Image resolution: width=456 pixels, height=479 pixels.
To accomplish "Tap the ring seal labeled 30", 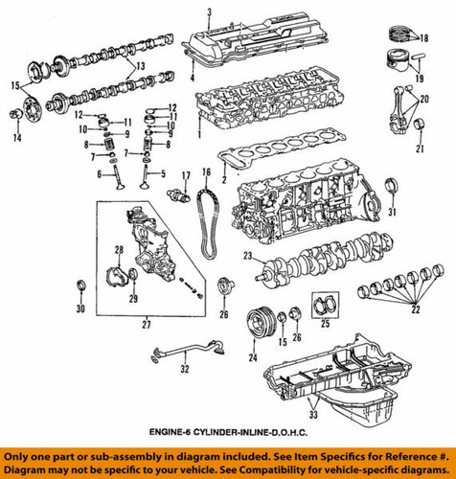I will click(81, 285).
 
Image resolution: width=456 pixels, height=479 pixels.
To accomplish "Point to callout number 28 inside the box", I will click(117, 250).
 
